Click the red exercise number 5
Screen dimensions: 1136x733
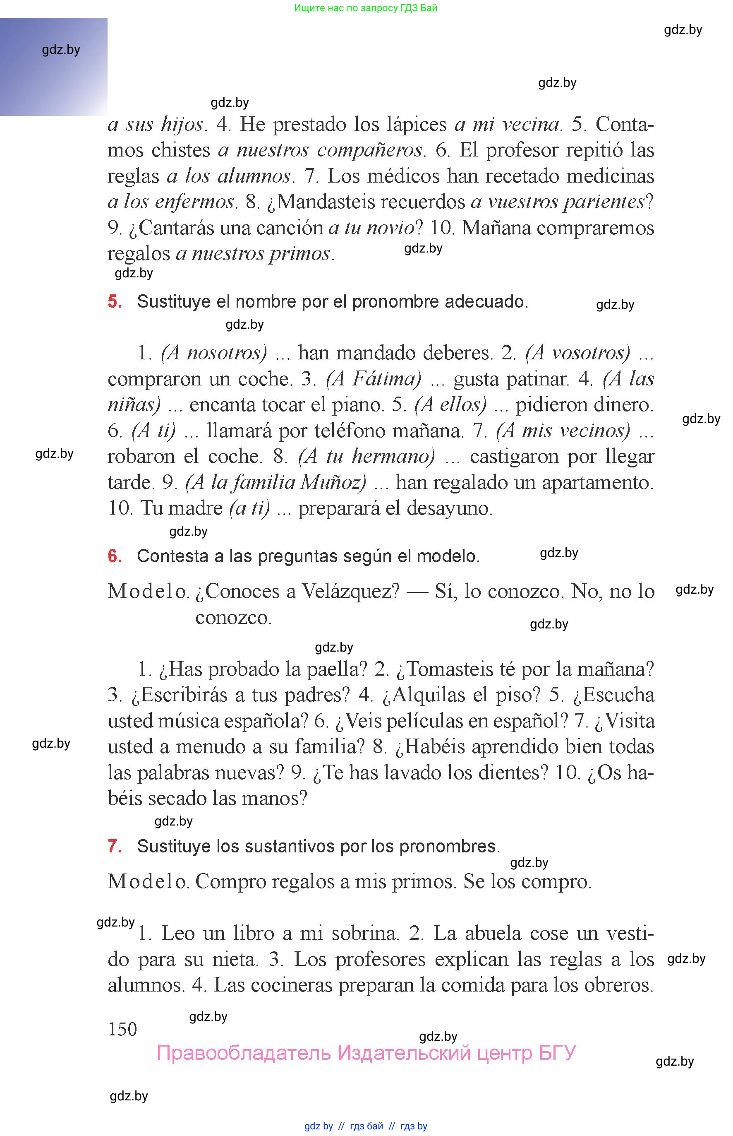click(115, 301)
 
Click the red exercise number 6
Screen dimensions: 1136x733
click(115, 556)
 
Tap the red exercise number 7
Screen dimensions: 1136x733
click(115, 846)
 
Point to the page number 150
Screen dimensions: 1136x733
click(122, 1029)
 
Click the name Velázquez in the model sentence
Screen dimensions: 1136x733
click(350, 592)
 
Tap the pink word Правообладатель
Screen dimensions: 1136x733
click(244, 1053)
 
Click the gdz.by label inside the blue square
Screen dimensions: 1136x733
click(61, 50)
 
